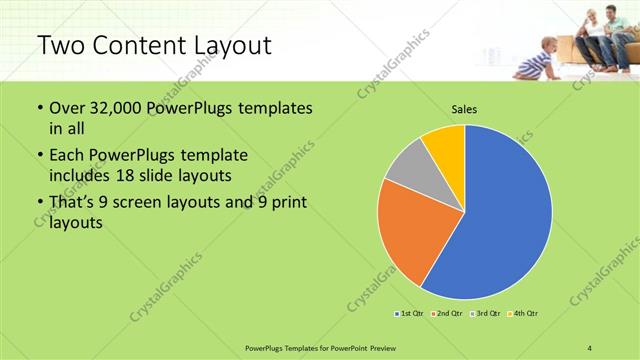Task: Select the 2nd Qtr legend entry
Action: click(x=445, y=314)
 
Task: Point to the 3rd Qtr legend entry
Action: click(x=485, y=314)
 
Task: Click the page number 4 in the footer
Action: click(x=589, y=347)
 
